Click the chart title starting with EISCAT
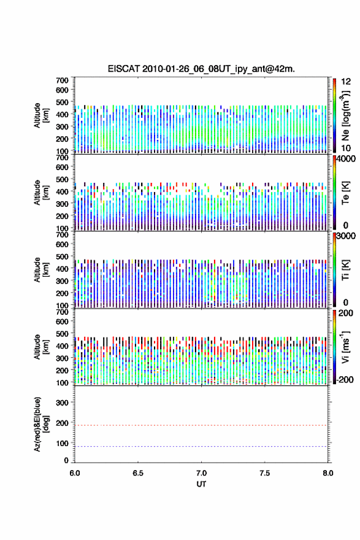point(201,69)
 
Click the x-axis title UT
point(201,484)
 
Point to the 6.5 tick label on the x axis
point(137,473)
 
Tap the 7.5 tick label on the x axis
point(265,473)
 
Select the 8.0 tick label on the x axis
point(328,473)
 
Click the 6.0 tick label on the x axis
point(75,473)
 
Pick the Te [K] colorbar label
point(345,193)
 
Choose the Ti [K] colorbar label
point(345,270)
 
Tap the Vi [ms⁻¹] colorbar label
point(345,347)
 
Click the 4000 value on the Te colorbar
point(346,159)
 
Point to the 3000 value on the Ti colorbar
point(346,236)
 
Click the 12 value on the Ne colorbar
point(346,82)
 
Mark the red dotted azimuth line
point(201,425)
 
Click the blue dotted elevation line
point(201,446)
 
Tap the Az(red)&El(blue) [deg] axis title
point(41,424)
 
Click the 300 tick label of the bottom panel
point(63,403)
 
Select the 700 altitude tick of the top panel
point(63,80)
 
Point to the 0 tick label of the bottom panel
point(66,460)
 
